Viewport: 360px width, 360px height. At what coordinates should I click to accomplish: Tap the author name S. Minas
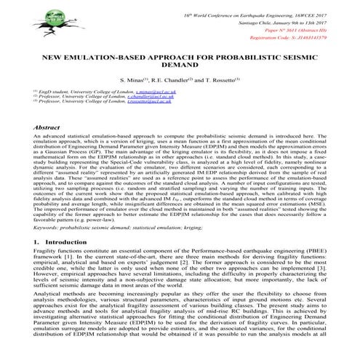130,79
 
